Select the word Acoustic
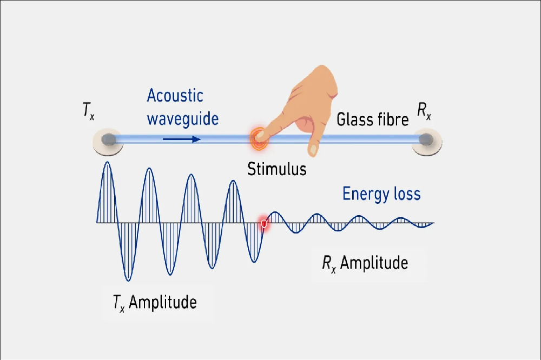pyautogui.click(x=175, y=96)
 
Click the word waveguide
pyautogui.click(x=183, y=118)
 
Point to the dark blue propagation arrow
pyautogui.click(x=182, y=139)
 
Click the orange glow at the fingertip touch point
pyautogui.click(x=258, y=137)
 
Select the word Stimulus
pyautogui.click(x=276, y=169)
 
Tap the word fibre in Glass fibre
pyautogui.click(x=392, y=119)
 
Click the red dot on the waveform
pyautogui.click(x=264, y=223)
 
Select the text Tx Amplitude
pyautogui.click(x=155, y=302)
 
